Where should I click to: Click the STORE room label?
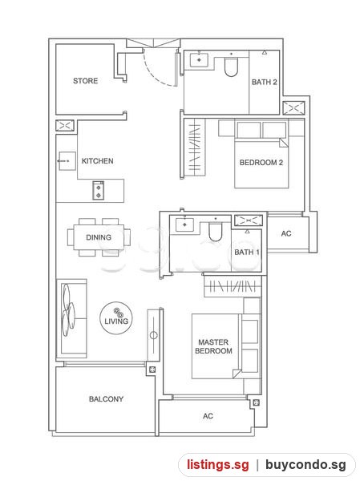click(85, 81)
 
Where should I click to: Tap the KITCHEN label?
click(97, 161)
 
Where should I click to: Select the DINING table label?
click(99, 237)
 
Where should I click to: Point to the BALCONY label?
click(106, 399)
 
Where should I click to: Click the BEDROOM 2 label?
click(261, 163)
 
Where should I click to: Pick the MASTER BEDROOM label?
click(213, 346)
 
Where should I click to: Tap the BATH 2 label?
click(265, 82)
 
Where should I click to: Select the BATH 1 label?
click(247, 253)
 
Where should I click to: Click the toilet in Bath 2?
click(231, 67)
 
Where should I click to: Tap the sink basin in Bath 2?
click(199, 60)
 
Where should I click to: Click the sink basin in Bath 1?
click(184, 224)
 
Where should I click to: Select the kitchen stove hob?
click(98, 191)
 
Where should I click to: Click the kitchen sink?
click(67, 161)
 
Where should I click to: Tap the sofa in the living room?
click(71, 318)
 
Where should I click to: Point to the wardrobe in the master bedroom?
click(233, 286)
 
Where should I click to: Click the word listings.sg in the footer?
click(218, 465)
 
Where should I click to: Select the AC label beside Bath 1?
click(286, 234)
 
